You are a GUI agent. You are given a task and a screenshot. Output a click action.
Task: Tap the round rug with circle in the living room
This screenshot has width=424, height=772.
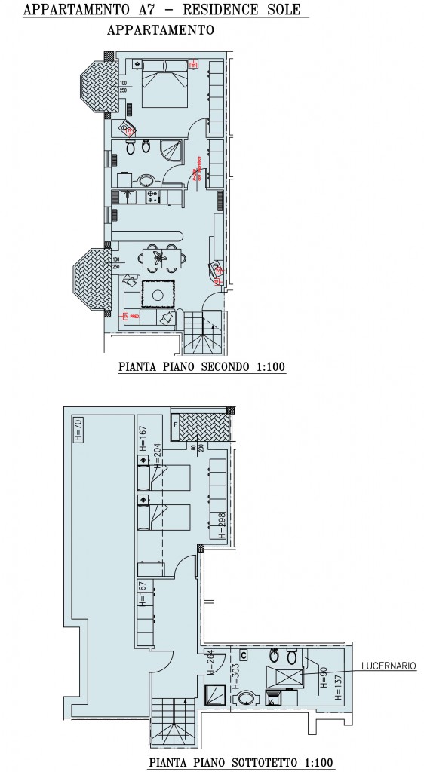pyautogui.click(x=159, y=295)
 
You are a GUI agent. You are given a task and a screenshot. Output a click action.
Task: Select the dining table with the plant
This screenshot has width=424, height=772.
pyautogui.click(x=160, y=257)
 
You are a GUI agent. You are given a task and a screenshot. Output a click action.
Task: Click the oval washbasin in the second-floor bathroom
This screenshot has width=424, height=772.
pyautogui.click(x=147, y=179)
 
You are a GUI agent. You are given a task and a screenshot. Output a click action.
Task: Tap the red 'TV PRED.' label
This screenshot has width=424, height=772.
pyautogui.click(x=132, y=319)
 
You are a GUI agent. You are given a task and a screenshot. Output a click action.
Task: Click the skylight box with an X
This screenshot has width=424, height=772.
pyautogui.click(x=281, y=675)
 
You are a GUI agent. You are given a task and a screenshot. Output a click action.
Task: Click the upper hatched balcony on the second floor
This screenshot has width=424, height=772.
pyautogui.click(x=94, y=87)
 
